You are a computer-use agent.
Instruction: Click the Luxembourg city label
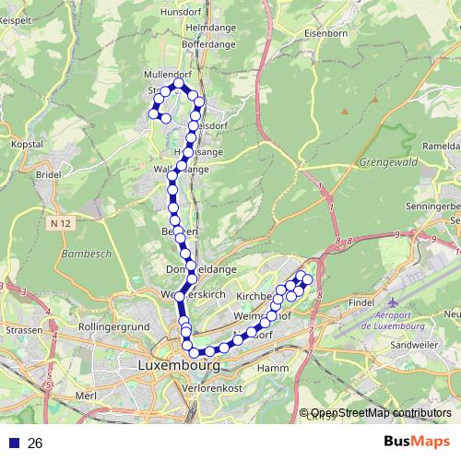point(178,365)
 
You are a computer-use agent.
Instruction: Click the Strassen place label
point(24,329)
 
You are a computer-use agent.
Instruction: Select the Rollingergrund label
point(114,326)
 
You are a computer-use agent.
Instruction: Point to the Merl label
point(87,395)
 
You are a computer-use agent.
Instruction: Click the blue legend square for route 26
point(13,443)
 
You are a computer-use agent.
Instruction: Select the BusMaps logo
point(417,441)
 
